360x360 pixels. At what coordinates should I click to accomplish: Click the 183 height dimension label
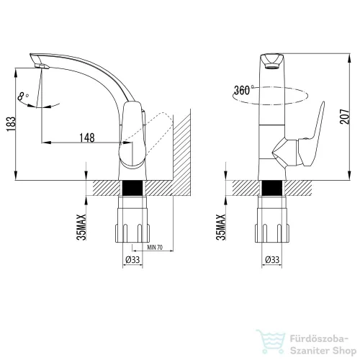click(11, 124)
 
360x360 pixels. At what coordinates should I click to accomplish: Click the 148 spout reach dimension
click(87, 138)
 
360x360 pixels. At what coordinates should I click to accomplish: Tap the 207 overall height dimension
click(345, 117)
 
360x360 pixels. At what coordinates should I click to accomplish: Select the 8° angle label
click(23, 96)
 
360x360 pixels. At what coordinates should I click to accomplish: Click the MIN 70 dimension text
click(155, 247)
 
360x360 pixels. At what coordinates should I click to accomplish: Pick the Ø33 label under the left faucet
click(132, 259)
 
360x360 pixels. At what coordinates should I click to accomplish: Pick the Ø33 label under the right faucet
click(272, 259)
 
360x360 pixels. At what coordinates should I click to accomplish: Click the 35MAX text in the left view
click(81, 227)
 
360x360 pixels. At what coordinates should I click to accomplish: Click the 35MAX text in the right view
click(221, 227)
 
